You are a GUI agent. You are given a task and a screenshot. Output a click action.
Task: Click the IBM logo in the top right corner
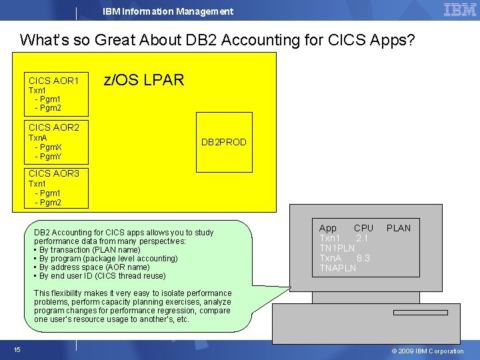coord(459,10)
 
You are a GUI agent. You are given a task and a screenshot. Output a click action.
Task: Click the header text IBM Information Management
coord(168,11)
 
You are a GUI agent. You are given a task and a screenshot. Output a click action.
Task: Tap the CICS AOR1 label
coord(54,81)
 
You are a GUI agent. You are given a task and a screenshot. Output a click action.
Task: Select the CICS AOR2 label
coord(54,127)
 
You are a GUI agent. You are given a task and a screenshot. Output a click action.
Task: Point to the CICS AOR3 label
coord(54,173)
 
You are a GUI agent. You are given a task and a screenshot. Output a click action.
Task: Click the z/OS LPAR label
coord(143,81)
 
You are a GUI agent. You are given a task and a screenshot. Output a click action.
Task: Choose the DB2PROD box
coord(224,142)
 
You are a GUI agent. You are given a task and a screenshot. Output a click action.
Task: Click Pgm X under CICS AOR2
coord(48,147)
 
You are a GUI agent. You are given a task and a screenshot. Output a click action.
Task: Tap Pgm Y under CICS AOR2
coord(48,157)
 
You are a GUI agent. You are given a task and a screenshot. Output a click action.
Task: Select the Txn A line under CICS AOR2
coord(38,138)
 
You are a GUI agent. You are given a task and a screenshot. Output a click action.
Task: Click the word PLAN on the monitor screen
coord(399,228)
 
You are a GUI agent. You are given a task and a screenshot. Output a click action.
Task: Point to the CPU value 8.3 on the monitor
coord(363,258)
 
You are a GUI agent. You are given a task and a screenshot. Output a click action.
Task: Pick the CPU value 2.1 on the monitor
coord(362,238)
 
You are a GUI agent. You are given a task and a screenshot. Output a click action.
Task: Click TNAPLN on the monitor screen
coord(337,268)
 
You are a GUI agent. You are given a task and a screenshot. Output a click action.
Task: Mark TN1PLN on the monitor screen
coord(337,248)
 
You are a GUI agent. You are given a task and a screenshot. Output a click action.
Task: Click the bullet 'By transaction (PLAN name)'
coord(89,250)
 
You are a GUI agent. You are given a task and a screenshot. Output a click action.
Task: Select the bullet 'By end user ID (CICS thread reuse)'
coord(102,276)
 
